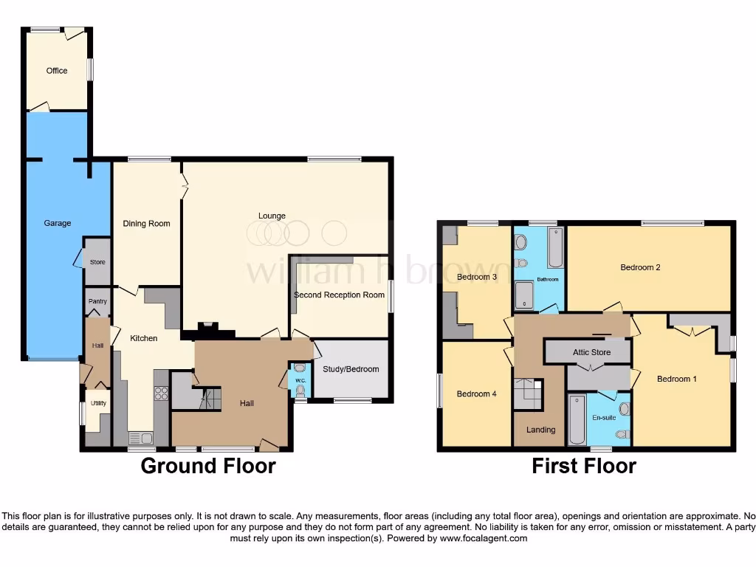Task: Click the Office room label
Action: pos(57,71)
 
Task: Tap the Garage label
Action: pos(58,223)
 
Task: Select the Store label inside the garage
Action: pos(97,262)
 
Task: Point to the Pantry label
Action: pos(97,301)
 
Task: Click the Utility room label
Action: pos(98,404)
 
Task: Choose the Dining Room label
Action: pos(146,224)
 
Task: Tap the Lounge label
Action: pos(272,216)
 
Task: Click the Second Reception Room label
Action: pos(339,295)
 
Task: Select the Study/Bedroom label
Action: pos(351,369)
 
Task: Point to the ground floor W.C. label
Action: pos(300,381)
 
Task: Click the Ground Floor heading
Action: pos(207,466)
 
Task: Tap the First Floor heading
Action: pos(584,466)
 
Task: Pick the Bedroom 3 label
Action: pos(476,277)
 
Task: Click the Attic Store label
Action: pos(591,352)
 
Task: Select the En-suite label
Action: pos(603,417)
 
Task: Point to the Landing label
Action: pos(540,430)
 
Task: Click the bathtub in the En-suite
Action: pos(577,419)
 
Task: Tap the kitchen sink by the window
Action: pos(140,438)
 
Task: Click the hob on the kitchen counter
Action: pos(161,393)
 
